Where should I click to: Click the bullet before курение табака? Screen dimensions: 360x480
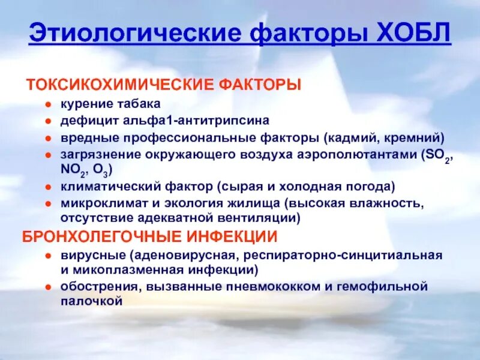click(50, 104)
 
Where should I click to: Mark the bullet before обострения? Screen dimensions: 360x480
click(50, 287)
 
